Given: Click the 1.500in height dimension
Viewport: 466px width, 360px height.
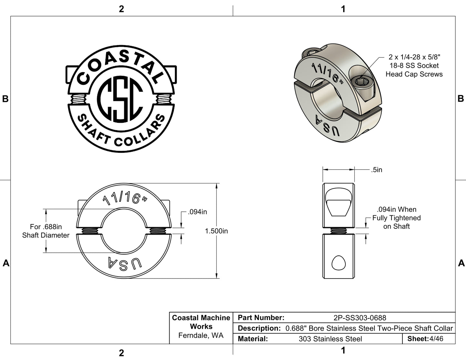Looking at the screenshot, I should (x=216, y=231).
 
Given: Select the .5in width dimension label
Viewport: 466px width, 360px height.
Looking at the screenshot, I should (x=376, y=170).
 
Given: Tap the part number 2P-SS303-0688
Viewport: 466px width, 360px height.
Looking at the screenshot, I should (x=360, y=318).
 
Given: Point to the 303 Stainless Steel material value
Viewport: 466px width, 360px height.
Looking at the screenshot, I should (x=330, y=339).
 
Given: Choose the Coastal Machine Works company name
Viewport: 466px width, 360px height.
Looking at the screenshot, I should (x=201, y=322).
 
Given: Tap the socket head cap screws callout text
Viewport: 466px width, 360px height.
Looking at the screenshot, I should (x=414, y=66).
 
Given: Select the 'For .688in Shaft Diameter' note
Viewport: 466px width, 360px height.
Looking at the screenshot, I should (x=46, y=231).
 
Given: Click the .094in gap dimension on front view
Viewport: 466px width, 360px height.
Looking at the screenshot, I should (x=197, y=212).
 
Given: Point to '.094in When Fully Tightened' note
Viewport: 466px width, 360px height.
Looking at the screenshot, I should (x=396, y=218).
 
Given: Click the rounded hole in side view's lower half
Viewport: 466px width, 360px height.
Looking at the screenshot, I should (x=338, y=263).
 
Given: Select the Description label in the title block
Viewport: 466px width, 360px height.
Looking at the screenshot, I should (x=259, y=328).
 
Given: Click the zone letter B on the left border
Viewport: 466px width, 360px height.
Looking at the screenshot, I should (x=5, y=99).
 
